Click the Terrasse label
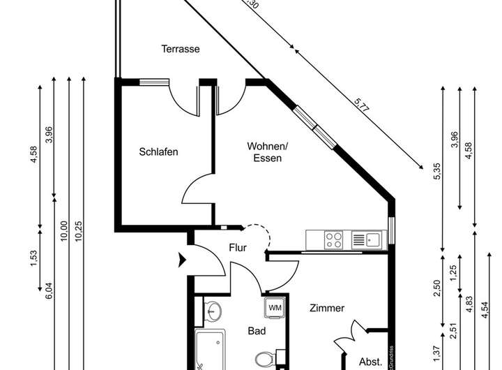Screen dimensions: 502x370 [181, 49]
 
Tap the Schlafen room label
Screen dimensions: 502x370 [158, 151]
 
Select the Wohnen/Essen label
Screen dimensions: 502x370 [267, 152]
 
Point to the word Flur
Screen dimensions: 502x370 [238, 247]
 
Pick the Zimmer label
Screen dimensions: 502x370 [327, 308]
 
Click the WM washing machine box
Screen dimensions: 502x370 [275, 308]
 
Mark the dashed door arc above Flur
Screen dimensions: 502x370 [257, 235]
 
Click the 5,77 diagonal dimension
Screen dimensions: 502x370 [361, 105]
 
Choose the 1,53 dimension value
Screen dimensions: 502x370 [33, 260]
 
